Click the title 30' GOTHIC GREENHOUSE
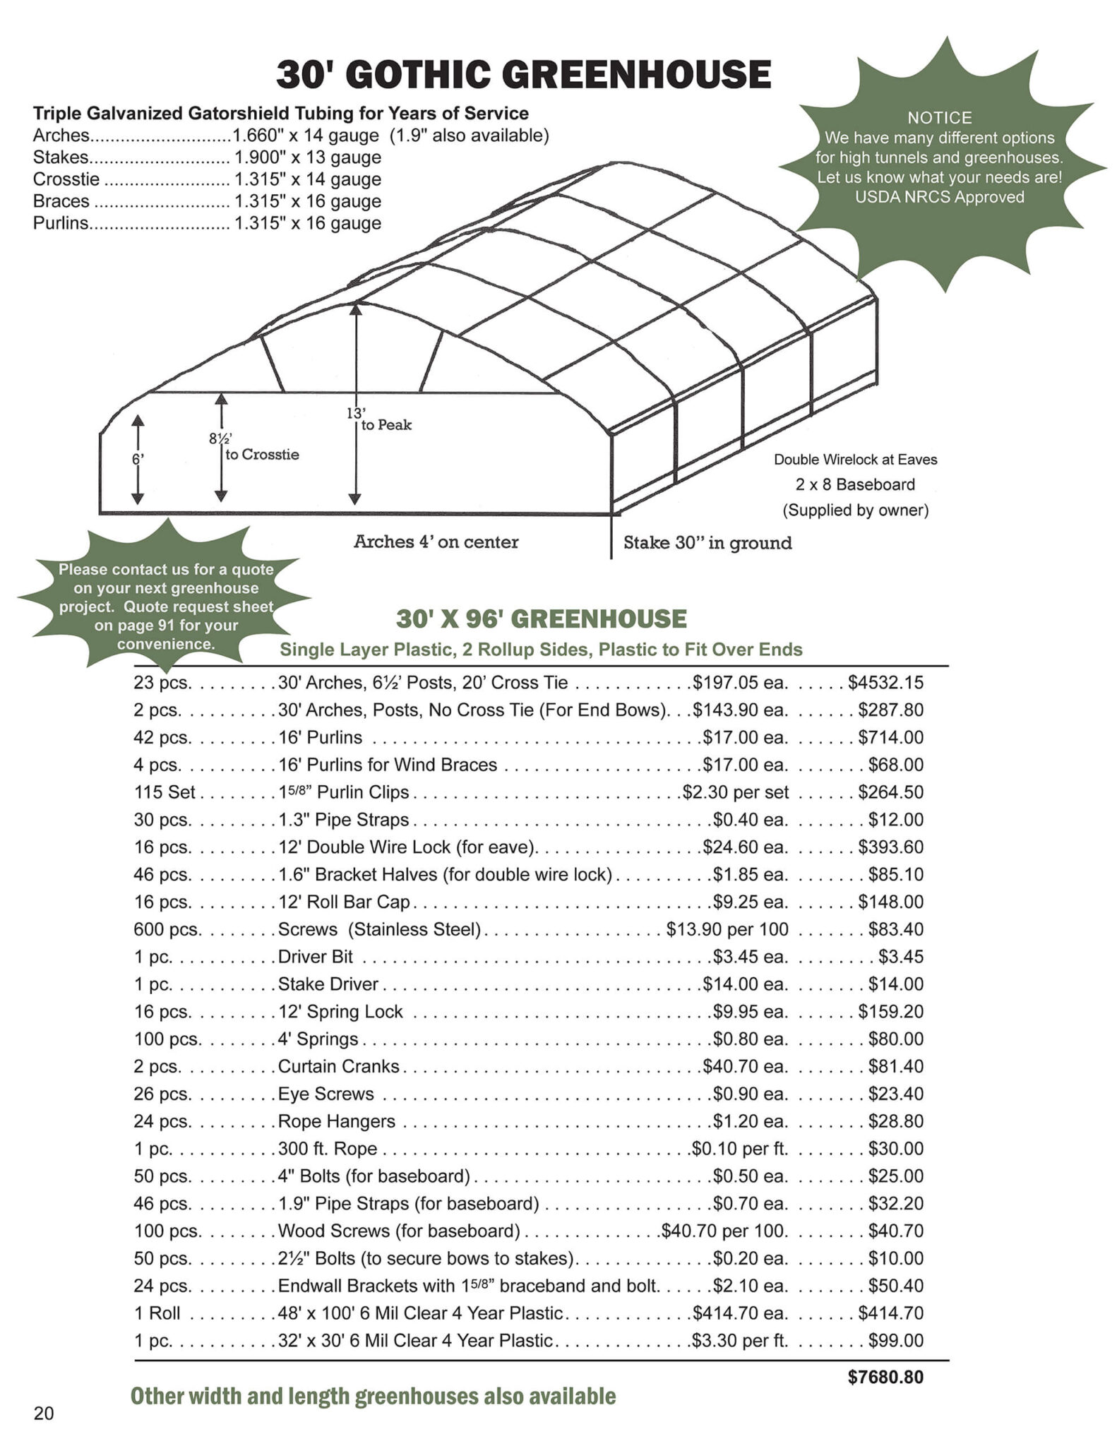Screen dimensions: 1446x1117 pos(523,75)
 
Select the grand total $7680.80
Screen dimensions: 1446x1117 pos(885,1378)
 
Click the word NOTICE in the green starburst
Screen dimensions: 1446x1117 pos(939,118)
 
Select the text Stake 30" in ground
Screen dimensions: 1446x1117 pos(707,543)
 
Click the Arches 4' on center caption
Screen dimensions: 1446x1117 pos(436,542)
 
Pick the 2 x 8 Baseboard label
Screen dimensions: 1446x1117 pos(855,485)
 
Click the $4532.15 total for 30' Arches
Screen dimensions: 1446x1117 pos(885,683)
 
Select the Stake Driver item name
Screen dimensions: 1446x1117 pos(328,984)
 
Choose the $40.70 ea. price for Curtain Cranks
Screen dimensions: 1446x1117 pos(745,1066)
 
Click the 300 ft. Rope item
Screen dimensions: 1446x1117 pos(328,1149)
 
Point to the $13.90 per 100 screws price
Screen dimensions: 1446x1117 pos(727,929)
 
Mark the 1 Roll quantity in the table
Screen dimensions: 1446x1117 pos(157,1313)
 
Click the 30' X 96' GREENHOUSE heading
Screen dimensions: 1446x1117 pos(541,619)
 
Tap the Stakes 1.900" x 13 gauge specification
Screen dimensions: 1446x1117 pos(207,157)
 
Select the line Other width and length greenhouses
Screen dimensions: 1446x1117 pos(373,1396)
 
